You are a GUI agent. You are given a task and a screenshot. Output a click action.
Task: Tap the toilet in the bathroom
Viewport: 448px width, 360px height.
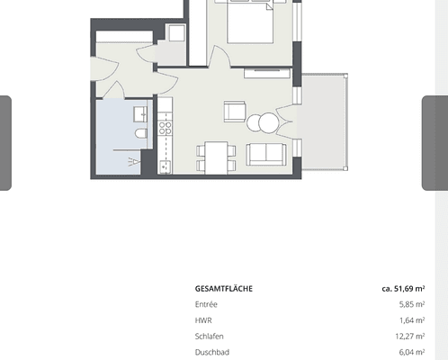tap(140, 134)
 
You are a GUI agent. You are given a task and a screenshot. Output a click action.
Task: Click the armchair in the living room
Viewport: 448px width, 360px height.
tap(235, 112)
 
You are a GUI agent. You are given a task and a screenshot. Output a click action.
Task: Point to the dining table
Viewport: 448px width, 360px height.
tap(216, 157)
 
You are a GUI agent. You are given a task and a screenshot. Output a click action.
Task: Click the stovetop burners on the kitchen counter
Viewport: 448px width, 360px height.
tap(165, 126)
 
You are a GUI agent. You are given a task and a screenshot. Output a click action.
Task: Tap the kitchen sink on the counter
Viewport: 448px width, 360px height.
tap(165, 164)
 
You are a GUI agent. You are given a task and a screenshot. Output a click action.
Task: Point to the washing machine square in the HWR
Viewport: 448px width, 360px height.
tap(175, 33)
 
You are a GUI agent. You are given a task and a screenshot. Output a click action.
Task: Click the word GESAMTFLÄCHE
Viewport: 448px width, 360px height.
tap(223, 289)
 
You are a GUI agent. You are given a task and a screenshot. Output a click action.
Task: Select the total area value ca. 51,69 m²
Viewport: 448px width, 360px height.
tap(402, 289)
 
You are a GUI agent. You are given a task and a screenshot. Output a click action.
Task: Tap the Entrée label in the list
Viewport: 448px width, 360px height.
tap(206, 304)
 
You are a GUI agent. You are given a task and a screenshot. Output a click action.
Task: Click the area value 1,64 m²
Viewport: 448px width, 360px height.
tap(409, 320)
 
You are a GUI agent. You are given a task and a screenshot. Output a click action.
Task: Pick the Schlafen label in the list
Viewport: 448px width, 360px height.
tap(209, 337)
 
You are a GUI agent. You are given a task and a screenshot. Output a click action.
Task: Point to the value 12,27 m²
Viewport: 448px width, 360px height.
tap(408, 337)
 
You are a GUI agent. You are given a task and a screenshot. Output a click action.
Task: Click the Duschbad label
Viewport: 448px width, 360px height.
tap(211, 352)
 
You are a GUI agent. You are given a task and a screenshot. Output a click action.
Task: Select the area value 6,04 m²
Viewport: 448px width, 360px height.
tap(409, 352)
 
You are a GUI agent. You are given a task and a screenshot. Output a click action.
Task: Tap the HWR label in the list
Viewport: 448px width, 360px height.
tap(203, 320)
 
